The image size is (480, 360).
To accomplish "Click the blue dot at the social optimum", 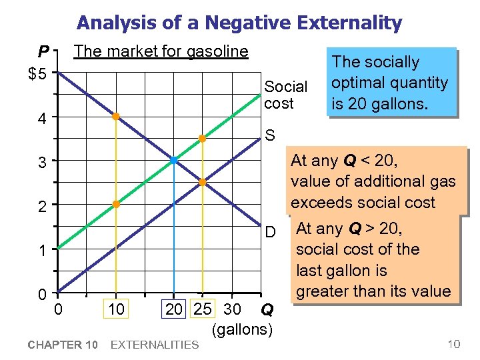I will point(173,161).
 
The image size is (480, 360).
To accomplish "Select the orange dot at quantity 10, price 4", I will point(115,117).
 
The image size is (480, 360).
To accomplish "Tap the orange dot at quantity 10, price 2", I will point(115,204).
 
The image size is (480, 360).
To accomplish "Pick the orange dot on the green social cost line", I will point(202,139).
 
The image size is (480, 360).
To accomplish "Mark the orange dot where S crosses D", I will point(202,182).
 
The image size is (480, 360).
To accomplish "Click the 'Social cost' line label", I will point(285,95).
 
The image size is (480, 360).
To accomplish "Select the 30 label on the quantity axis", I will point(233,309).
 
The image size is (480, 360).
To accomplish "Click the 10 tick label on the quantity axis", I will point(115,309).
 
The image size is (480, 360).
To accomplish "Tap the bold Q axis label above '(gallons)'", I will point(266,310).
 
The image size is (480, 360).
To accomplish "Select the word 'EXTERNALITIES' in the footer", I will point(154,345).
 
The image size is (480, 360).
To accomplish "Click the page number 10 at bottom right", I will point(453,345).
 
